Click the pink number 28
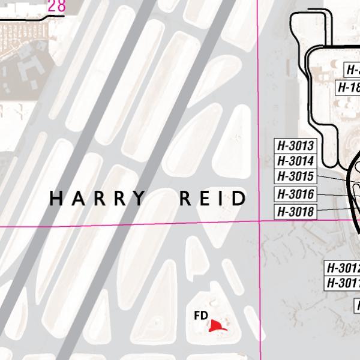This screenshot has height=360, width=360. [56, 7]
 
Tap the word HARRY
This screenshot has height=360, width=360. [97, 198]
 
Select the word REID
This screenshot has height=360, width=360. [213, 198]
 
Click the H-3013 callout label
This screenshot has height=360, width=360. [295, 146]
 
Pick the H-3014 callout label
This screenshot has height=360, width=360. [295, 161]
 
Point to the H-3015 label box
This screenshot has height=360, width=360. [295, 177]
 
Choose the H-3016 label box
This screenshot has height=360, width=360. [295, 194]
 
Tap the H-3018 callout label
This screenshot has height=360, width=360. [295, 212]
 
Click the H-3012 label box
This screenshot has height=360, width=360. [342, 268]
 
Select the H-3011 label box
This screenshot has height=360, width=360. [342, 283]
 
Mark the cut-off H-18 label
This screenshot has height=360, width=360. [347, 87]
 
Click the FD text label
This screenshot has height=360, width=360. [201, 315]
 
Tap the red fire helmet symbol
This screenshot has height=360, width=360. [217, 325]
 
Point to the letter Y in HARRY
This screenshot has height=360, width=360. [139, 198]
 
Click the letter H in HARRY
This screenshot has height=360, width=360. [56, 198]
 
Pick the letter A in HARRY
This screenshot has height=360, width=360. [77, 198]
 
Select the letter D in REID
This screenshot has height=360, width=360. [239, 198]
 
